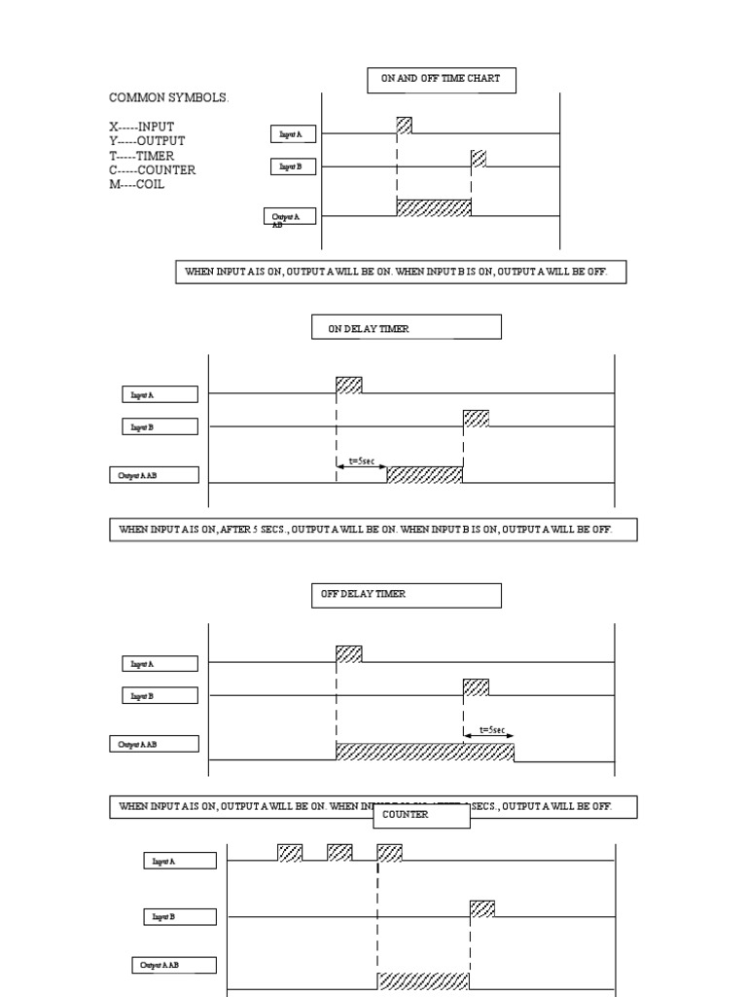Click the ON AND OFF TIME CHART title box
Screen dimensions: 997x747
441,80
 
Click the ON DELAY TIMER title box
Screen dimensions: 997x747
406,327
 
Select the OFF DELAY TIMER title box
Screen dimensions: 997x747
406,595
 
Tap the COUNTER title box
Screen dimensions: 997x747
421,815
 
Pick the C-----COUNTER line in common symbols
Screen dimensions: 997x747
152,170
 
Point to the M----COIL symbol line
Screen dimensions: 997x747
137,185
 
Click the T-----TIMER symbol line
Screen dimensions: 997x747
142,156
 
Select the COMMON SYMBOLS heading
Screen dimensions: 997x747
169,98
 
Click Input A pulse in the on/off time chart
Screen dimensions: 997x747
405,126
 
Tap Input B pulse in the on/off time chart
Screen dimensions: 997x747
479,159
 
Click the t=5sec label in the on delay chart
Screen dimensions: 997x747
361,460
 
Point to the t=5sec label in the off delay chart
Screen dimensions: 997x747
492,729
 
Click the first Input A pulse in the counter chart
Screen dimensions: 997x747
290,853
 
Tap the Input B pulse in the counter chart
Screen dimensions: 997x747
482,908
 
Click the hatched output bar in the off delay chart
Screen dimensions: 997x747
424,751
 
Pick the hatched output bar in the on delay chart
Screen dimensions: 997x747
425,474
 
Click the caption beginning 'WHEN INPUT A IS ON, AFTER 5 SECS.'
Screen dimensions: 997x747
373,531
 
